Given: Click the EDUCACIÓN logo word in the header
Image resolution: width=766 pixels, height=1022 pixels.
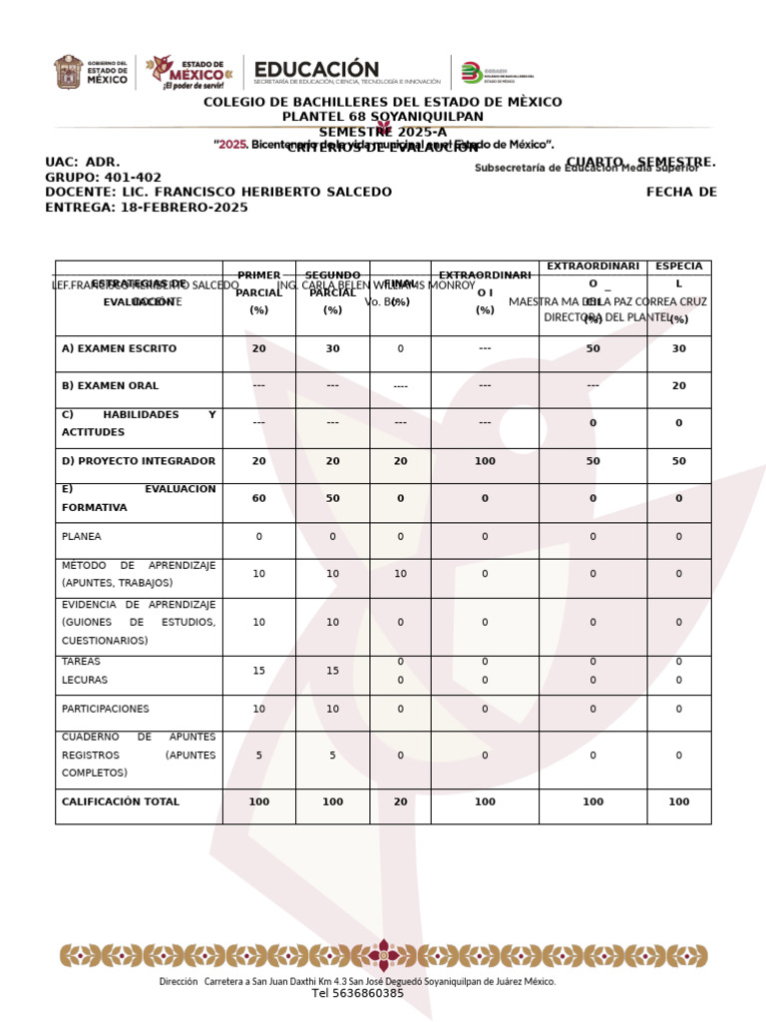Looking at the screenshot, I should point(316,68).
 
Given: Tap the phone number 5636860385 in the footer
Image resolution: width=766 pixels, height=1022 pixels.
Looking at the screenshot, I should point(358,993).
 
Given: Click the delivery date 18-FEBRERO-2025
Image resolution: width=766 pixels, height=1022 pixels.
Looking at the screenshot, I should point(185,208).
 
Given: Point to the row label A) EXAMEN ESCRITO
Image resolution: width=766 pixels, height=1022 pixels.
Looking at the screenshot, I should point(119,349).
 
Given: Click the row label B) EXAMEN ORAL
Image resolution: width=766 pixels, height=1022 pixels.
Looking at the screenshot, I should point(110,385).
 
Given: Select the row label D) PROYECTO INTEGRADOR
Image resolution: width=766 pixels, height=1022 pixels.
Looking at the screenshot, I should point(139,461).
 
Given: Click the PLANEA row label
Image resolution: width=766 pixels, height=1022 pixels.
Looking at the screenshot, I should point(82,536).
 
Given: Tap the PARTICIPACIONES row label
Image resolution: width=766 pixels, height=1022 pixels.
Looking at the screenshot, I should point(106,709).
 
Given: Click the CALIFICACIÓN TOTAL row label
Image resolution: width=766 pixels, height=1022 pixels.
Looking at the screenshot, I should point(121,801).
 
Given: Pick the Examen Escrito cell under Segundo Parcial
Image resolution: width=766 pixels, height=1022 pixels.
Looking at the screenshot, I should point(333,349).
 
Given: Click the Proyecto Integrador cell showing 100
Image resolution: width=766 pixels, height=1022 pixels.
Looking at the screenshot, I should point(485,461).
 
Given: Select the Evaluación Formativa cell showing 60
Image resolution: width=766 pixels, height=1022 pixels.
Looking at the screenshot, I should point(259,498).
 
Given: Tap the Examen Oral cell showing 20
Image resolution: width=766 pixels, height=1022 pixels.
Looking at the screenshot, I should point(679,385).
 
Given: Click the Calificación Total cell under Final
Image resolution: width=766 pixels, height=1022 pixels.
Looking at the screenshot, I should point(400,801).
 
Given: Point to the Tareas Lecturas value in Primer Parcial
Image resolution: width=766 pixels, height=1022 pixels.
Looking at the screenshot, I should point(259,671).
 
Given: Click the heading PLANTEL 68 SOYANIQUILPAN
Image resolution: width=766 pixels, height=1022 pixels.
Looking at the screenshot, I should point(383,117).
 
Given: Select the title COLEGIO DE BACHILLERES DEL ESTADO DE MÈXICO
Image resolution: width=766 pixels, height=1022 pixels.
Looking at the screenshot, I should point(383,102).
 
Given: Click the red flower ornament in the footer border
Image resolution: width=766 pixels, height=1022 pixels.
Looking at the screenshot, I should point(383,955).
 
